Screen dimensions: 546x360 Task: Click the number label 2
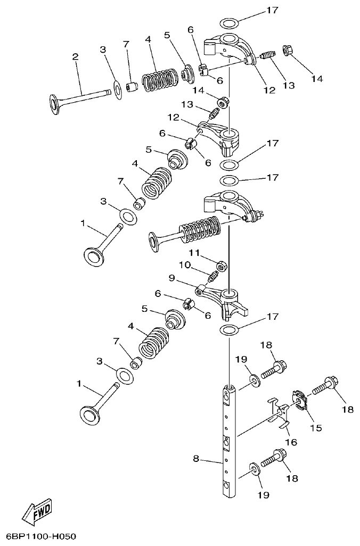(x=75, y=56)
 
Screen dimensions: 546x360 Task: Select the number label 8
(x=196, y=459)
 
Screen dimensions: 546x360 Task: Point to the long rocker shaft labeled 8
(x=228, y=442)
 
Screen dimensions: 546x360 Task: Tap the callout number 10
(x=184, y=264)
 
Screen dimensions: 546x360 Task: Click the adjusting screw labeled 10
(x=212, y=276)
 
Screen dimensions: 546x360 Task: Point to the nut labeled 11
(x=222, y=264)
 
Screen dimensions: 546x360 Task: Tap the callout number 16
(x=291, y=442)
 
